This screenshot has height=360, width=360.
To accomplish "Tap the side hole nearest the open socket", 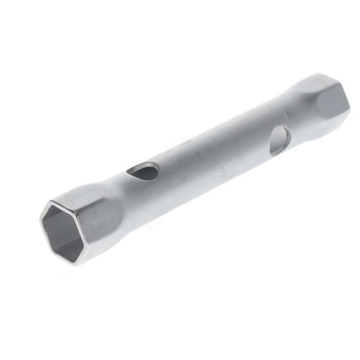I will (x=144, y=172).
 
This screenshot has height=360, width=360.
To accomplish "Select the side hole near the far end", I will (x=279, y=139).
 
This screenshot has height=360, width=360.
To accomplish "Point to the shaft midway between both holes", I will (x=209, y=151).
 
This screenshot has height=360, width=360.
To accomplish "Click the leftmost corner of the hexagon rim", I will (x=42, y=223).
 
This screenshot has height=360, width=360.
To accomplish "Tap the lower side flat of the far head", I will (x=322, y=117).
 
